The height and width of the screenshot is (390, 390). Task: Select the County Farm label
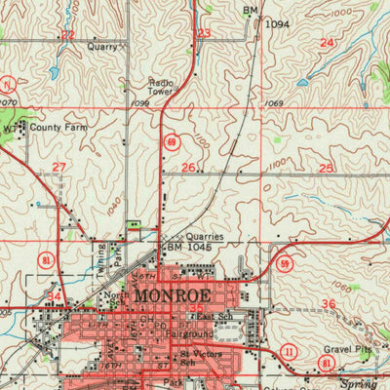[x=54, y=128]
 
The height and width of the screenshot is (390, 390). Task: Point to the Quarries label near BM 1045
[x=204, y=236]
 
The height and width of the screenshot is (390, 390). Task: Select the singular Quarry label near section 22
[x=101, y=46]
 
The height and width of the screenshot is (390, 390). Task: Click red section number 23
[x=203, y=34]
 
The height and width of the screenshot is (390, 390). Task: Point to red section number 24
[x=327, y=43]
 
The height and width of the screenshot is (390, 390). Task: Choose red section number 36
[x=329, y=304]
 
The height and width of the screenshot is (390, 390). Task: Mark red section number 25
[x=326, y=169]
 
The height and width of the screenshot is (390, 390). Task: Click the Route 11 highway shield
[x=289, y=350]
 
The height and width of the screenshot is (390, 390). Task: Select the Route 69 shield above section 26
[x=171, y=142]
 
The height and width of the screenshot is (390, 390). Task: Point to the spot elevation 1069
[x=274, y=103]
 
